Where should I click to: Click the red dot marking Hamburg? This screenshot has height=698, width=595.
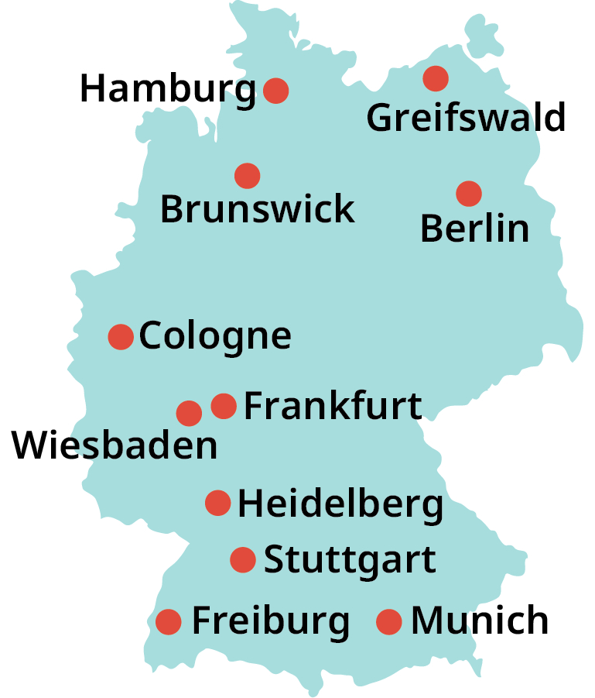click(x=276, y=91)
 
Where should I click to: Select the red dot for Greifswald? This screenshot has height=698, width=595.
click(x=436, y=77)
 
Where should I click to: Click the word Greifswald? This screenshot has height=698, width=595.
click(x=466, y=119)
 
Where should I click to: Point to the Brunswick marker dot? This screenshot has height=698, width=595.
click(x=247, y=176)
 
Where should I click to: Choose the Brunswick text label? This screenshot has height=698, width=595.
click(x=257, y=209)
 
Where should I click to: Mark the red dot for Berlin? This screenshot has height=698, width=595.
click(x=468, y=193)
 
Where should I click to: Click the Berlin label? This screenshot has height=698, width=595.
click(x=474, y=229)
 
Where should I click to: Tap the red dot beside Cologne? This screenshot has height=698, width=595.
click(x=121, y=337)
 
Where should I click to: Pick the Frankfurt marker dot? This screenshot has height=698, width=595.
click(x=224, y=405)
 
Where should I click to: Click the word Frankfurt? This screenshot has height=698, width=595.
click(x=333, y=406)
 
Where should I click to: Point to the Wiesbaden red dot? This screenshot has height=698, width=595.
click(x=189, y=413)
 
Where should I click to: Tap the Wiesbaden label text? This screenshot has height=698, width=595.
click(x=115, y=447)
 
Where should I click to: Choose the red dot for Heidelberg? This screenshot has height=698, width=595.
click(x=218, y=503)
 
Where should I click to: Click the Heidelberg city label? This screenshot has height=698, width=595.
click(x=340, y=504)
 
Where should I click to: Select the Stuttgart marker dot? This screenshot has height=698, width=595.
click(x=243, y=559)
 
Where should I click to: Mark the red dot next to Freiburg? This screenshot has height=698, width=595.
click(x=168, y=621)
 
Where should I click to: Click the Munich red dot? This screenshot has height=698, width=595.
click(x=388, y=621)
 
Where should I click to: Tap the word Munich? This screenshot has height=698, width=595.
click(x=480, y=621)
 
